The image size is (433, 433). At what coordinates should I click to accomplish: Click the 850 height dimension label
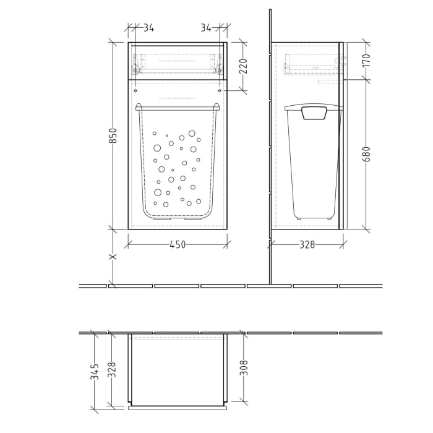click(113, 135)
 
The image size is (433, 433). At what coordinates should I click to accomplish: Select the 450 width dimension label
click(177, 245)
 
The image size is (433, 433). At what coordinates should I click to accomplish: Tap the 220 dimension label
click(243, 66)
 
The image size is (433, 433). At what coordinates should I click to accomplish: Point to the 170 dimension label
click(366, 61)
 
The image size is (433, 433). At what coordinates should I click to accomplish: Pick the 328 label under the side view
click(307, 245)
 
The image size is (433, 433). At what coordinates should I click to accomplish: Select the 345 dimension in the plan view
click(95, 371)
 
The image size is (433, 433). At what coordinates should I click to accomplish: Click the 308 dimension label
click(243, 369)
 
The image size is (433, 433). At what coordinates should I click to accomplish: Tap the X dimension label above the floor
click(113, 257)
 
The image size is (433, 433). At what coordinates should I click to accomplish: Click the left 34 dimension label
click(148, 28)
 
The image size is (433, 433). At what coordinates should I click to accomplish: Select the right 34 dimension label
click(207, 28)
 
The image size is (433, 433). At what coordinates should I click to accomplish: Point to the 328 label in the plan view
click(112, 369)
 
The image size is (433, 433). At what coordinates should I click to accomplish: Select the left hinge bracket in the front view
click(137, 63)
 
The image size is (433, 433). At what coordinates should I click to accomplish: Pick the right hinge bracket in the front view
click(217, 63)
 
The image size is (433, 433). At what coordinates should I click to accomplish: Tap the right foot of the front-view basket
click(194, 218)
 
